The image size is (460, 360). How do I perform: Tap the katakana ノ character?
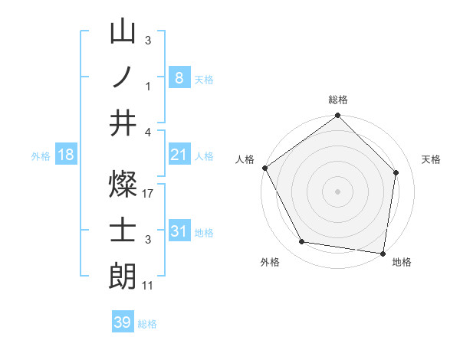(123, 77)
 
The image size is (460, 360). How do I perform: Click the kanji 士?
(123, 231)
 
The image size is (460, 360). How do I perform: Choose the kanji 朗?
(123, 274)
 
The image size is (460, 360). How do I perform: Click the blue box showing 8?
(179, 77)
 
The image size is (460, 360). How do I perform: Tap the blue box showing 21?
(179, 155)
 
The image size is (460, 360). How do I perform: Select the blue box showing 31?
(179, 231)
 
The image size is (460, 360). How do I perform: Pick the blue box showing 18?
(66, 155)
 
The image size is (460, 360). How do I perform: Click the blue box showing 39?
(122, 322)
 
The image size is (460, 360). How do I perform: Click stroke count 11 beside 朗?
(149, 285)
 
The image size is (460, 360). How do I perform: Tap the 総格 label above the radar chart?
(338, 100)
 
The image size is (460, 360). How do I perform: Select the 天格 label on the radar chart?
(432, 159)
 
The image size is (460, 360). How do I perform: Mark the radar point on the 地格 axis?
(383, 253)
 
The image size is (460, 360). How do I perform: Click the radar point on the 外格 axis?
(302, 242)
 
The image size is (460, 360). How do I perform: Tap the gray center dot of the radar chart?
(337, 191)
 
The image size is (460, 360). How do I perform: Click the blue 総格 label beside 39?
(147, 323)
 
